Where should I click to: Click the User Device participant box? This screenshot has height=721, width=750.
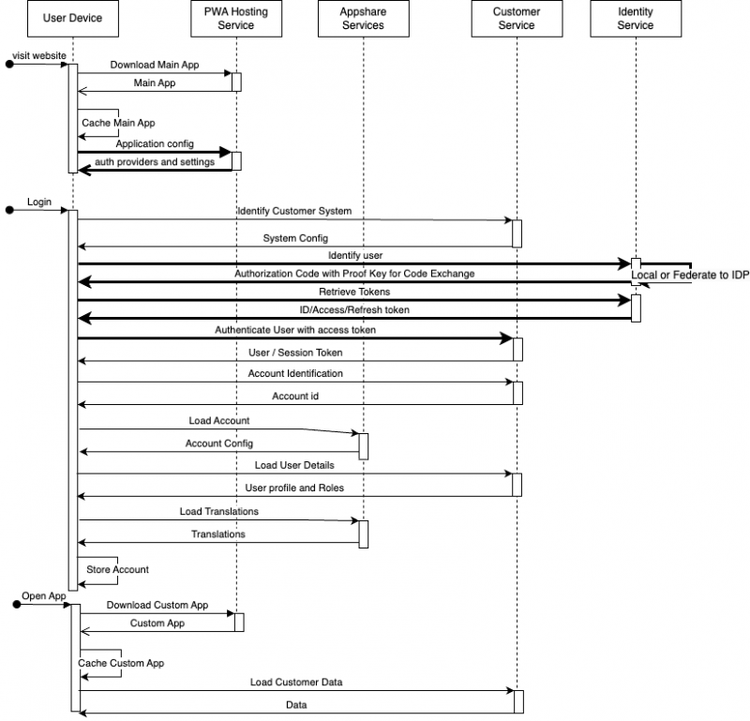pyautogui.click(x=73, y=19)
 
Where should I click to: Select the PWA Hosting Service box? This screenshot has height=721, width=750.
pyautogui.click(x=235, y=19)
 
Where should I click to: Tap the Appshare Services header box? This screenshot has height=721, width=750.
pyautogui.click(x=363, y=19)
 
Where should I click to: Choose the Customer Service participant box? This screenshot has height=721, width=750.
pyautogui.click(x=517, y=19)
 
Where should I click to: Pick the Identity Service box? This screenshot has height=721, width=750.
pyautogui.click(x=636, y=19)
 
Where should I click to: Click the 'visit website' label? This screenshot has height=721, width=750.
pyautogui.click(x=39, y=55)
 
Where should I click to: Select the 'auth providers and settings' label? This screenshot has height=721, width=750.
pyautogui.click(x=154, y=162)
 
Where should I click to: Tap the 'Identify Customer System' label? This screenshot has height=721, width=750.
pyautogui.click(x=294, y=212)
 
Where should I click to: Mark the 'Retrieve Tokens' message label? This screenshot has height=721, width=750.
pyautogui.click(x=354, y=293)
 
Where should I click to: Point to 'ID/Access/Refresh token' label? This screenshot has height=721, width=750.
pyautogui.click(x=348, y=310)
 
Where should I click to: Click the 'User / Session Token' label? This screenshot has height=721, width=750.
pyautogui.click(x=295, y=353)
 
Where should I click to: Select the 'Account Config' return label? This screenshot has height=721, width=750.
pyautogui.click(x=219, y=443)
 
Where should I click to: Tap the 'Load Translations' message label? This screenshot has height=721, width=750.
pyautogui.click(x=219, y=512)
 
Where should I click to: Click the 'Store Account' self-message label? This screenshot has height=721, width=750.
pyautogui.click(x=117, y=569)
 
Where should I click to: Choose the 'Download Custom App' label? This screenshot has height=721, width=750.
pyautogui.click(x=157, y=606)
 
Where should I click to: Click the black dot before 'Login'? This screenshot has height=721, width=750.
pyautogui.click(x=9, y=211)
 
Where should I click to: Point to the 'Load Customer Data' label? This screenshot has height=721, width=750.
pyautogui.click(x=295, y=683)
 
